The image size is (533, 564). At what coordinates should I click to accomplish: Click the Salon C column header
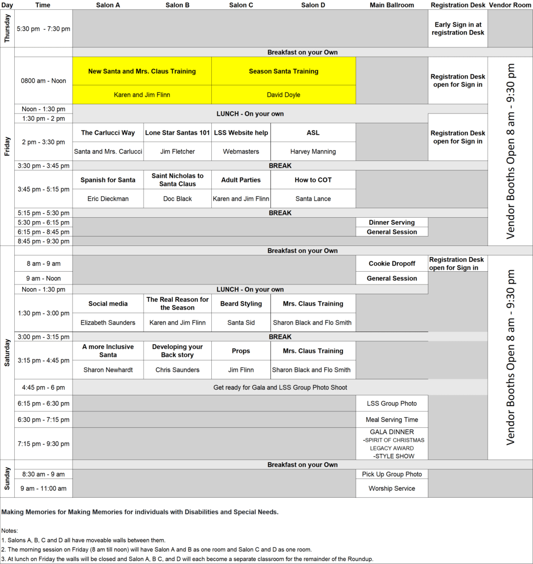241,5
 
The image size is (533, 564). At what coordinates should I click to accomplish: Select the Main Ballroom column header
392,5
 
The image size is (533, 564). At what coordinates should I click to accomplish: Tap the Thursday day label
7,28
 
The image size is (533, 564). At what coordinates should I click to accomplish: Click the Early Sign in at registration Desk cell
457,28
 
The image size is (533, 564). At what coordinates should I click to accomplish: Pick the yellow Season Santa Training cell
283,71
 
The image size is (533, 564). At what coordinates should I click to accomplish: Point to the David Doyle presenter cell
283,94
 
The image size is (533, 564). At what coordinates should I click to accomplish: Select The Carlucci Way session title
108,132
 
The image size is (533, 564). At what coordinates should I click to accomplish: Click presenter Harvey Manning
313,152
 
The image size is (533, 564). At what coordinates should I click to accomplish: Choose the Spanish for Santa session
108,180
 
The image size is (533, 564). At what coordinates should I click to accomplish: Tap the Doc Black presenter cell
177,199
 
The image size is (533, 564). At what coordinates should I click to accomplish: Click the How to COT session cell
313,180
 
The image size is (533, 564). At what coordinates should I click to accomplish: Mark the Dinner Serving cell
392,222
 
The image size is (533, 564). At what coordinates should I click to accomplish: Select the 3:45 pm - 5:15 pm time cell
43,189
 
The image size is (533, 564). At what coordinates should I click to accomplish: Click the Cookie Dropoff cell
392,264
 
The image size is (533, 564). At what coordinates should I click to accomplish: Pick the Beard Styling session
241,304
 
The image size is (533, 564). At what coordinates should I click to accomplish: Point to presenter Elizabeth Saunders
108,322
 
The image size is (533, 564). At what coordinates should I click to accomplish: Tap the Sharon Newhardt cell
108,370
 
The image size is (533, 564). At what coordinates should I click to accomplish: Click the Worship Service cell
392,488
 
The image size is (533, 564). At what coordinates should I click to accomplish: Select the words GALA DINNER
392,432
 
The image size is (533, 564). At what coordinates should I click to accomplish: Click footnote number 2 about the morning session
156,549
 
